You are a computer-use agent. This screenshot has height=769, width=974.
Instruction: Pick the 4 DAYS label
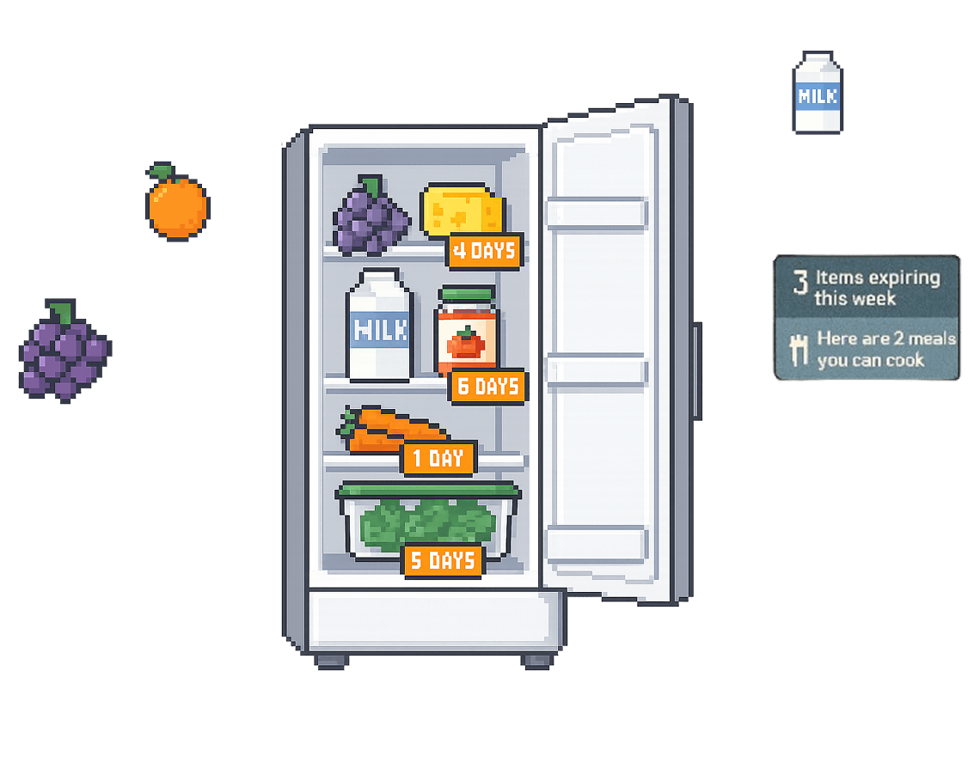point(485,251)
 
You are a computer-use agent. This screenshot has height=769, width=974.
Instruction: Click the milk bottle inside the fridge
point(379,327)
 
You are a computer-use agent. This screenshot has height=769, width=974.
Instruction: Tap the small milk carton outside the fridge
point(817,92)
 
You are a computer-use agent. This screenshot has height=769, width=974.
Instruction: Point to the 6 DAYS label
point(487,387)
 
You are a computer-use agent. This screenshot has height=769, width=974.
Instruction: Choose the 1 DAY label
point(438,458)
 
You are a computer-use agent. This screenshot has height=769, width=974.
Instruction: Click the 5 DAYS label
point(442,561)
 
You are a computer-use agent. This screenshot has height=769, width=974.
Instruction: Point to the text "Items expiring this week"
point(877,288)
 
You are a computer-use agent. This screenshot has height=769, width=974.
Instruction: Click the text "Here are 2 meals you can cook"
point(885,349)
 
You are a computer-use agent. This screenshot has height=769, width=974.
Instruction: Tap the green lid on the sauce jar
point(467,293)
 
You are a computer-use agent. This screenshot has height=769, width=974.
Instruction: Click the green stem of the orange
point(161,172)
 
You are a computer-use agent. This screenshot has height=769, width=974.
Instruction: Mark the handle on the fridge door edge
point(697,370)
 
